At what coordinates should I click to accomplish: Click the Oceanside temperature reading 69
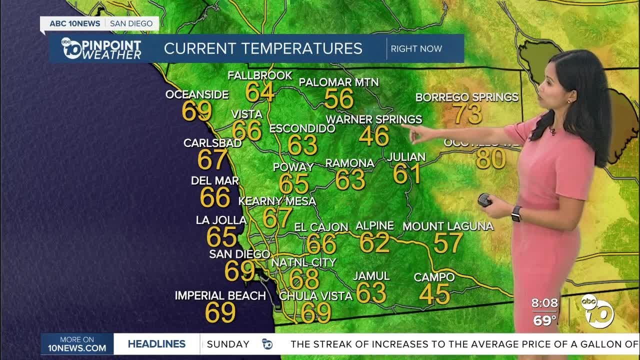[196, 111]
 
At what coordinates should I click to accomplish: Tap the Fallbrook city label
[259, 76]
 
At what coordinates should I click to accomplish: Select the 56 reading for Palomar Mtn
[339, 99]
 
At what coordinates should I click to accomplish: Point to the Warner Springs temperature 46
[374, 136]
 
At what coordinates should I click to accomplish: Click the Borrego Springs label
[466, 97]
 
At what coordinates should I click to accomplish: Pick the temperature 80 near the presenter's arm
[490, 159]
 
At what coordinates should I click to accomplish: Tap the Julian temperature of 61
[406, 173]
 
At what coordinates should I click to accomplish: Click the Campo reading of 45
[434, 294]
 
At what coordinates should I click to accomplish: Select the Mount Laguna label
[448, 226]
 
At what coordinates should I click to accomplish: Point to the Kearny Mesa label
[277, 201]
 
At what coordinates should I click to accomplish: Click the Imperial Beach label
[220, 295]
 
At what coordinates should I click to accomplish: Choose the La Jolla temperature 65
[221, 236]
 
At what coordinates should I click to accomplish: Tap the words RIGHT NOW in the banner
[416, 48]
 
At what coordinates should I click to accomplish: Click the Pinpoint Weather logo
[101, 48]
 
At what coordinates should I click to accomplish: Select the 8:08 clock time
[544, 303]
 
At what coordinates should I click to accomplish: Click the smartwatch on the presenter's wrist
[516, 213]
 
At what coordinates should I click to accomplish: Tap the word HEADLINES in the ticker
[156, 344]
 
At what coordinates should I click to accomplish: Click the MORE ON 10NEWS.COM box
[77, 344]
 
